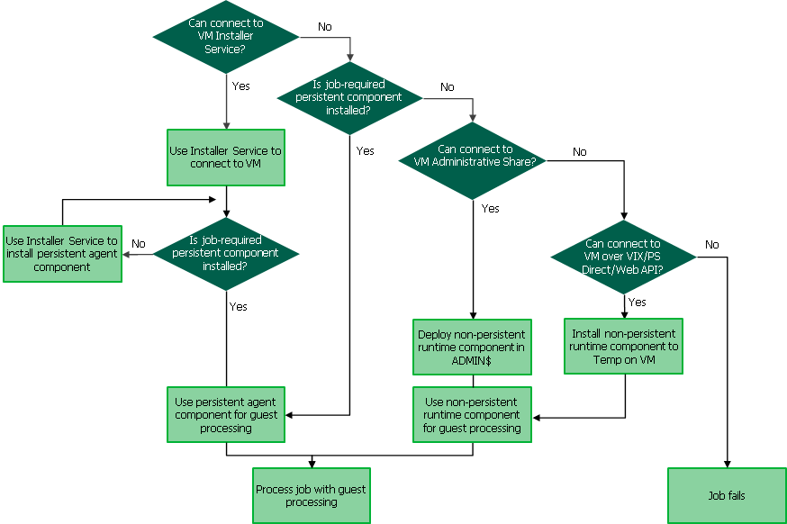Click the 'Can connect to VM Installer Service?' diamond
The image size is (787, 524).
pyautogui.click(x=225, y=36)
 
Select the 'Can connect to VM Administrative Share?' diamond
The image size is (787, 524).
pyautogui.click(x=474, y=161)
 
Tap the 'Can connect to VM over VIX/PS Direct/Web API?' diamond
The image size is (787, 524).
pyautogui.click(x=623, y=257)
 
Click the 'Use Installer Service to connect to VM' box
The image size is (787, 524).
pyautogui.click(x=225, y=158)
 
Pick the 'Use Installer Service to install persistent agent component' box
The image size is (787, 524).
pyautogui.click(x=62, y=254)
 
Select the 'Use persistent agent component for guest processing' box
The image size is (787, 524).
pyautogui.click(x=226, y=415)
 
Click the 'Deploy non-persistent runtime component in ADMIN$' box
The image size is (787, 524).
pyautogui.click(x=472, y=347)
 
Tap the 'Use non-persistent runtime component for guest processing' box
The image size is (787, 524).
pyautogui.click(x=472, y=415)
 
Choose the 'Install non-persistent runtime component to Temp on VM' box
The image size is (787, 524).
pyautogui.click(x=623, y=346)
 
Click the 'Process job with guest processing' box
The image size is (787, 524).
pyautogui.click(x=312, y=495)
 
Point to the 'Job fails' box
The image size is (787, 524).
pyautogui.click(x=726, y=495)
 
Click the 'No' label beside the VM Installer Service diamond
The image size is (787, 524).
pyautogui.click(x=324, y=27)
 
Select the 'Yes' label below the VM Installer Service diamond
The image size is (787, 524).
pyautogui.click(x=240, y=86)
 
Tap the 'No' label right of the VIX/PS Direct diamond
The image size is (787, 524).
pyautogui.click(x=712, y=245)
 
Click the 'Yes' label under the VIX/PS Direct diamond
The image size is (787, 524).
pyautogui.click(x=637, y=303)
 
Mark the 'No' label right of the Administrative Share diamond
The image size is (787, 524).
pyautogui.click(x=579, y=152)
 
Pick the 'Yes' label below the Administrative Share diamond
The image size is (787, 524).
pyautogui.click(x=490, y=209)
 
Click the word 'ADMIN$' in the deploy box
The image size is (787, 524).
pyautogui.click(x=472, y=360)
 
